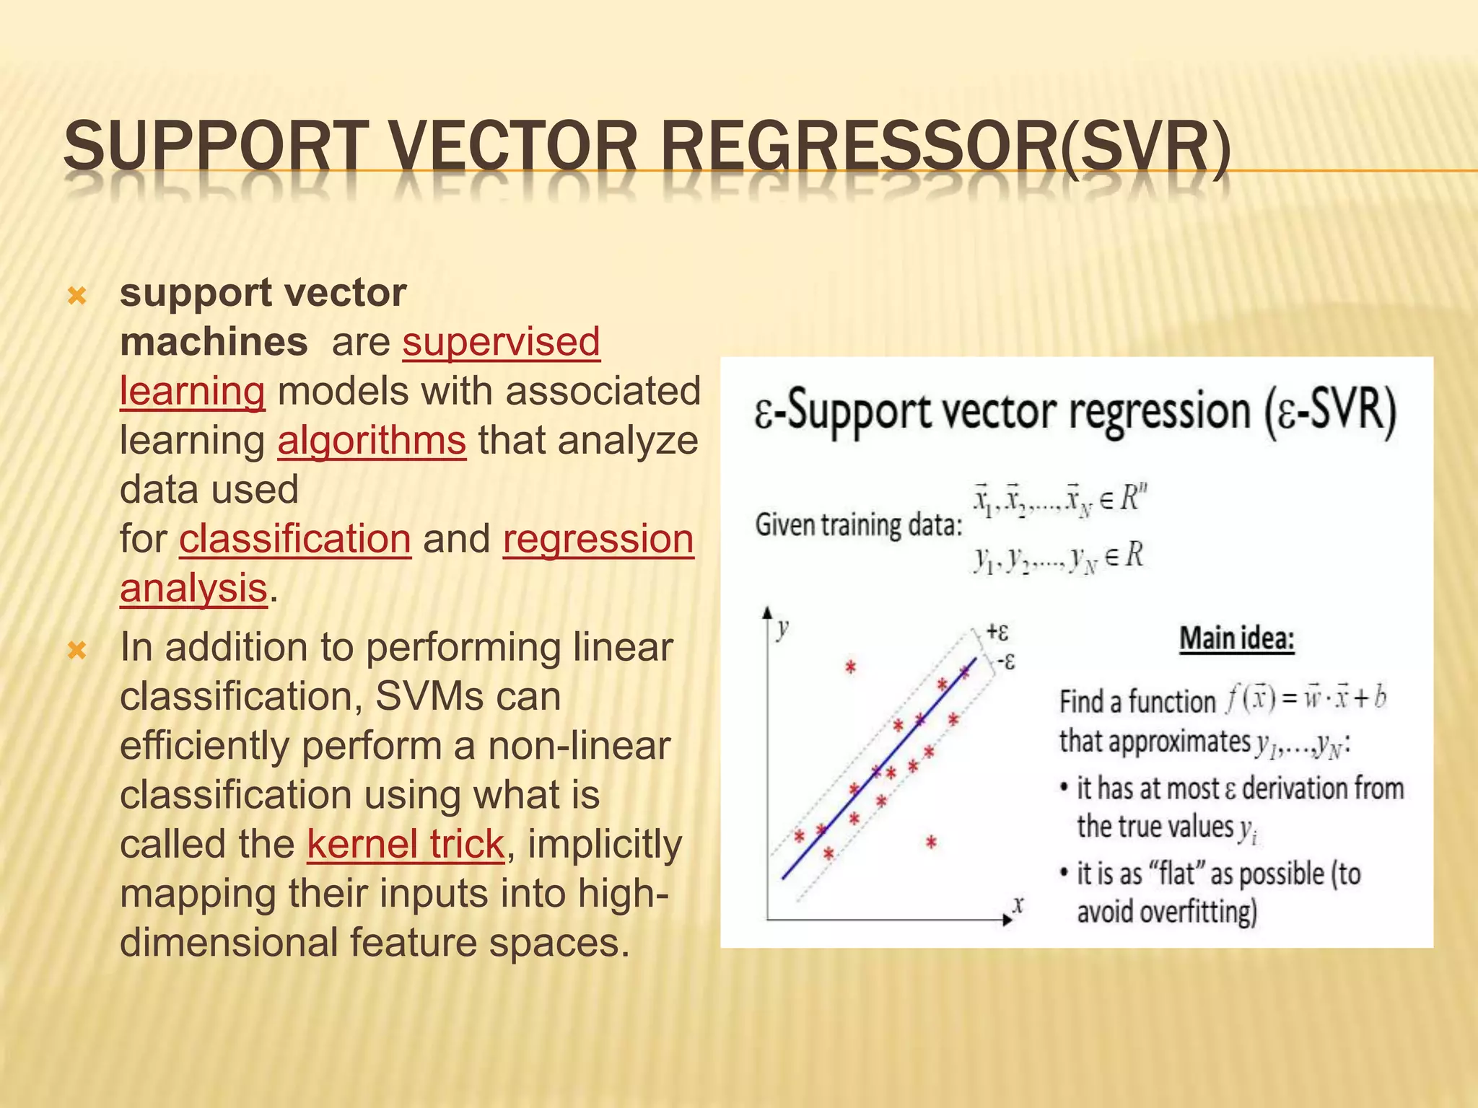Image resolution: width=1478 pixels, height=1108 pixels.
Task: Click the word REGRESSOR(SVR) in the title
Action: click(x=945, y=147)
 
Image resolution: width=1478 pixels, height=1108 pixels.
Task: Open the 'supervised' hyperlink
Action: click(x=501, y=341)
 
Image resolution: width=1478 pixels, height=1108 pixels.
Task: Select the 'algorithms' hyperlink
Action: click(x=372, y=440)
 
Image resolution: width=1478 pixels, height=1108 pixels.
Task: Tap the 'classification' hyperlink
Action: click(x=295, y=539)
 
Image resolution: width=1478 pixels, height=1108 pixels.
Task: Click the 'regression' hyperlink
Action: click(x=598, y=539)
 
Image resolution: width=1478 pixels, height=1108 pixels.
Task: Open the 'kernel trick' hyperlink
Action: click(x=406, y=843)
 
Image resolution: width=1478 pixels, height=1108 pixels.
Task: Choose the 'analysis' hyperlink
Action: click(x=193, y=588)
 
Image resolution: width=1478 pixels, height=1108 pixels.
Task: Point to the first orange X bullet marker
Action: click(x=76, y=296)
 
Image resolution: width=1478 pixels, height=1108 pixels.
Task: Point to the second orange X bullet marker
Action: click(x=76, y=650)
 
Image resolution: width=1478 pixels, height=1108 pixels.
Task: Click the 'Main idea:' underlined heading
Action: click(x=1236, y=639)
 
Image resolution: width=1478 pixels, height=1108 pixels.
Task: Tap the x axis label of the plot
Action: click(x=1018, y=905)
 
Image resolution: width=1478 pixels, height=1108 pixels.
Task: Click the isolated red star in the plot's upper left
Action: click(x=850, y=667)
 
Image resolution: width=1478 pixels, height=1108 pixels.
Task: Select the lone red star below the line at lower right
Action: click(x=931, y=842)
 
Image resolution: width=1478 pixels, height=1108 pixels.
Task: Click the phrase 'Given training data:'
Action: click(x=858, y=524)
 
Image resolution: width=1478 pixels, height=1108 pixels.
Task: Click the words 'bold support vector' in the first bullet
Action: click(x=263, y=293)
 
